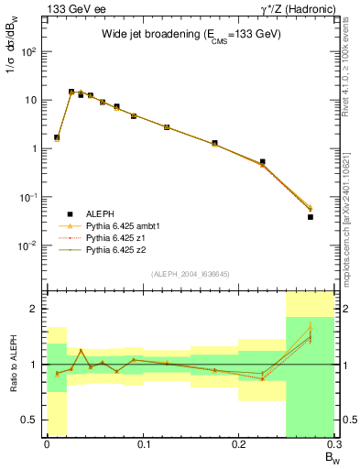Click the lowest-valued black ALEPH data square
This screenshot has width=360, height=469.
pyautogui.click(x=311, y=217)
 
